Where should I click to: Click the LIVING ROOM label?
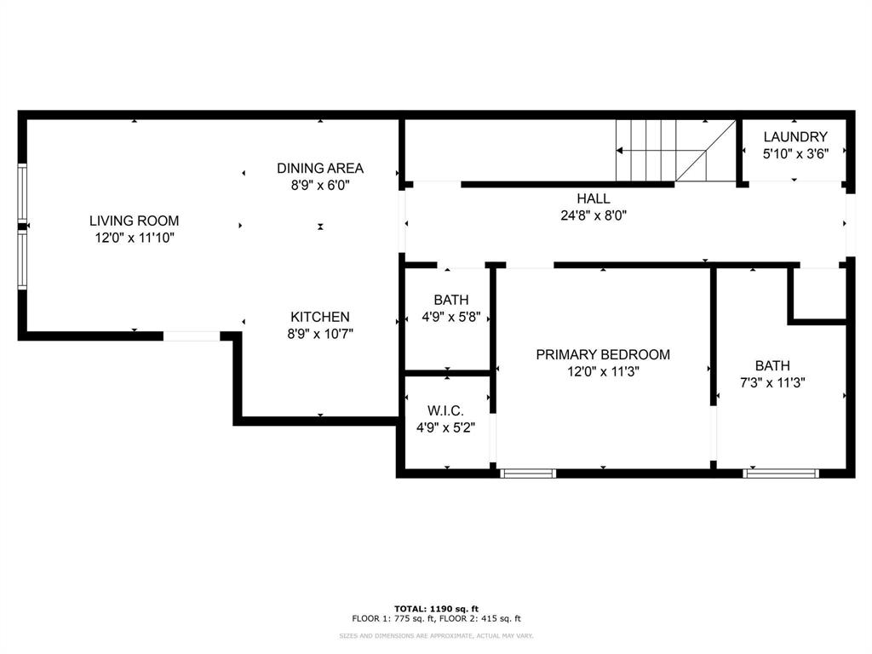[134, 221]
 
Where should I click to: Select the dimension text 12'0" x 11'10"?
[134, 238]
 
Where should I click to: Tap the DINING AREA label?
[319, 168]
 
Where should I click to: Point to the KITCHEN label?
[319, 317]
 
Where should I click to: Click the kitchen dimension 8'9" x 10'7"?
[319, 334]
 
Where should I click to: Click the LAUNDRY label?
[795, 136]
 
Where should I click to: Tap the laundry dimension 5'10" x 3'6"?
[795, 154]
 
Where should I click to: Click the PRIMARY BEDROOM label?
[602, 354]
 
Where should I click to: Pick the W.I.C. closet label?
[445, 410]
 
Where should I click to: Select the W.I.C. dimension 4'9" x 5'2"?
[445, 427]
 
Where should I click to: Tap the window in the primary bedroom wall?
[528, 473]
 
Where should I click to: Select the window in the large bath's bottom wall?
[781, 473]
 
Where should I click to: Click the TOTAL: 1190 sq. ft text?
[436, 608]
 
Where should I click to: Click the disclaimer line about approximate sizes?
[436, 636]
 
